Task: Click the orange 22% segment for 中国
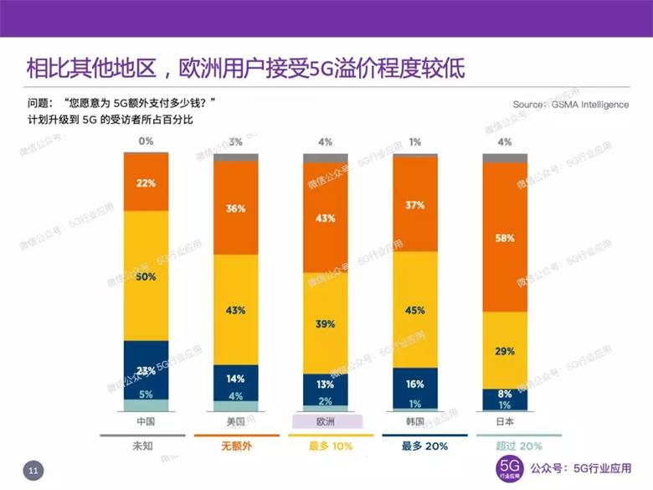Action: click(146, 183)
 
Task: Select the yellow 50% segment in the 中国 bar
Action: click(146, 276)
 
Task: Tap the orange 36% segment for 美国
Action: click(235, 208)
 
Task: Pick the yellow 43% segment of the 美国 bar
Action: click(235, 310)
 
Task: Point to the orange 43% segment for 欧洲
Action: click(326, 218)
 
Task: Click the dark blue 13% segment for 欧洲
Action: click(326, 384)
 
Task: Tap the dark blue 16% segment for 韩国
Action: click(415, 384)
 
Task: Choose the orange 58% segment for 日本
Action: click(505, 238)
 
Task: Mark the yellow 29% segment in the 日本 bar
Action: click(505, 351)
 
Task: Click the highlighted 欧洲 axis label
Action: click(326, 420)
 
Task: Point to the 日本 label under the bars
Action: click(505, 420)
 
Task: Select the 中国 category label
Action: click(146, 420)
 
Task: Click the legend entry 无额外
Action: click(235, 446)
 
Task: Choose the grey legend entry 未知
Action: click(146, 446)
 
